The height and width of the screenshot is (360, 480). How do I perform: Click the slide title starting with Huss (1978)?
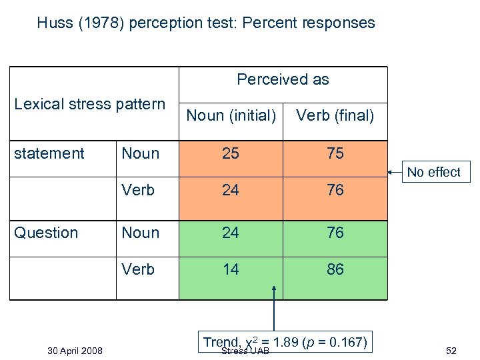click(x=206, y=23)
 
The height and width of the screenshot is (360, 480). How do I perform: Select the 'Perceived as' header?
click(x=283, y=79)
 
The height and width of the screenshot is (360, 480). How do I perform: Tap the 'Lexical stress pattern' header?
click(x=89, y=104)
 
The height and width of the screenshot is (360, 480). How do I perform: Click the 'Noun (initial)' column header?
click(x=231, y=115)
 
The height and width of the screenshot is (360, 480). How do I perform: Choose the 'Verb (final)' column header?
click(x=335, y=115)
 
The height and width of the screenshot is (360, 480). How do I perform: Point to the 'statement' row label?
click(x=49, y=153)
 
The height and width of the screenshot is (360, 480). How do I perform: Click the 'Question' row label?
click(x=46, y=233)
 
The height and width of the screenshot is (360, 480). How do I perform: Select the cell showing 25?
click(x=231, y=153)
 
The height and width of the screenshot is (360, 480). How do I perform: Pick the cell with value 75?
click(x=335, y=153)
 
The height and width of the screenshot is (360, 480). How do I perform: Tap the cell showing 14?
click(x=231, y=269)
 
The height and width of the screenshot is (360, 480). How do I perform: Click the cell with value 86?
click(x=335, y=269)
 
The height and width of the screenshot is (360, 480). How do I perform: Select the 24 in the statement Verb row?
click(x=231, y=190)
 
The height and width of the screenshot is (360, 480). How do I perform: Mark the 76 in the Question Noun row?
click(x=335, y=233)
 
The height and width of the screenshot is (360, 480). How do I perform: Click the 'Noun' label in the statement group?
click(x=140, y=153)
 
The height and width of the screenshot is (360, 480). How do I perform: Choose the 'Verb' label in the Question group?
click(x=138, y=269)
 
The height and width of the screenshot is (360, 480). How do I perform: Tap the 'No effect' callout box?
click(x=433, y=172)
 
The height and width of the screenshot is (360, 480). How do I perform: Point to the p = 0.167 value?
click(x=336, y=342)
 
